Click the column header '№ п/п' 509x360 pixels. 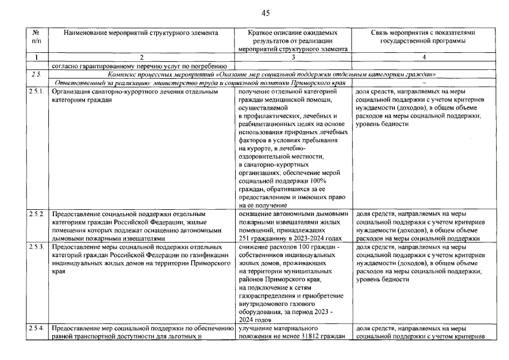click(x=37, y=37)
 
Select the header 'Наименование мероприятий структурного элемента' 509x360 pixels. click(x=141, y=33)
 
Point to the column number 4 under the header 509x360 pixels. click(x=424, y=57)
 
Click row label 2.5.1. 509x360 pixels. click(x=37, y=91)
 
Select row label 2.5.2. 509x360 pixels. click(x=37, y=214)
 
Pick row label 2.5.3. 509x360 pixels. click(x=37, y=247)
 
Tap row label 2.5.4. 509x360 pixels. click(x=37, y=328)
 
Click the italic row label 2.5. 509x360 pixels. click(x=37, y=74)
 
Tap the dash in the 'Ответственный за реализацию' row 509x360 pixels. click(x=424, y=82)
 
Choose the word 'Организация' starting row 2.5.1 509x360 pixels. click(x=72, y=91)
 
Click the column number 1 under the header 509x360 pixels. click(x=37, y=57)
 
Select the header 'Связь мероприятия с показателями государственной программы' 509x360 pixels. click(x=424, y=37)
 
